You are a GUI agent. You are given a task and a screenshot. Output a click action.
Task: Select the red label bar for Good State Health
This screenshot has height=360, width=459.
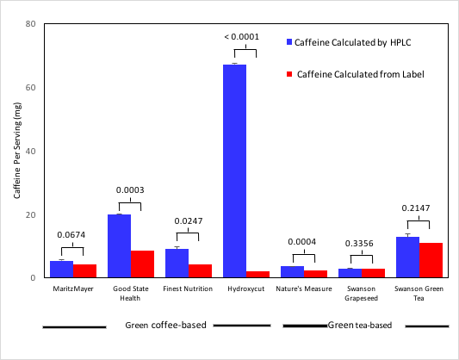[x=142, y=264]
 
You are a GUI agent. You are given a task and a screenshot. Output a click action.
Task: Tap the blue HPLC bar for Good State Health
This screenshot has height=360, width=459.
[x=119, y=245]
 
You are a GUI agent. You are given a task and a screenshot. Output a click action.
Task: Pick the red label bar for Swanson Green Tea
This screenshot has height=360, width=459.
[x=431, y=260]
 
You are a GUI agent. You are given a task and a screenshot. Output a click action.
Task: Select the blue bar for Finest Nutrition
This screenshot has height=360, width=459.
[x=177, y=263]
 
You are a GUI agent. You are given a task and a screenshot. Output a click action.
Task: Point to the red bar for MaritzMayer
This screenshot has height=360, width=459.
[x=84, y=270]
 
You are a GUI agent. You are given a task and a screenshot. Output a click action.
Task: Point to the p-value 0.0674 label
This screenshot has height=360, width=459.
[x=72, y=234]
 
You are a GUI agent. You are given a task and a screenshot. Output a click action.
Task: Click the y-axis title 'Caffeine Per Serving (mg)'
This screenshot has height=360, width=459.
[x=16, y=151]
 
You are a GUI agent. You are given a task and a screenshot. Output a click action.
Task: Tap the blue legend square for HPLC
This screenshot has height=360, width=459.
[x=290, y=41]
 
